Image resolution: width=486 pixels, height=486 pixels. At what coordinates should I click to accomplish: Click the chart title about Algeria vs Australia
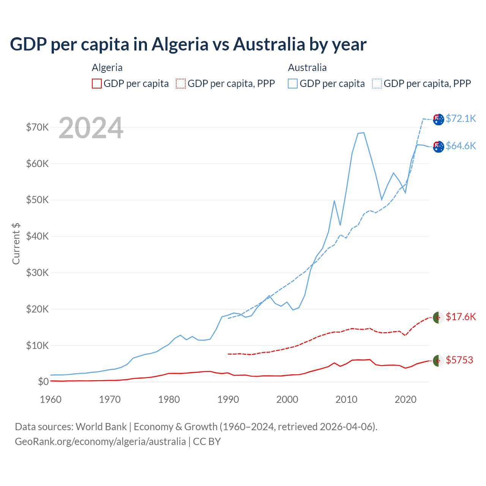click(x=188, y=44)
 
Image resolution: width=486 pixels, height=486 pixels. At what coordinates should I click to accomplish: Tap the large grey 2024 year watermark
click(x=91, y=128)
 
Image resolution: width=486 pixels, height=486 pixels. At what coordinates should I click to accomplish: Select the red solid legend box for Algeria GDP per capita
click(x=97, y=84)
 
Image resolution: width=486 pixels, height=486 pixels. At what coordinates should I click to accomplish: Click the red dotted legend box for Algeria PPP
click(x=181, y=84)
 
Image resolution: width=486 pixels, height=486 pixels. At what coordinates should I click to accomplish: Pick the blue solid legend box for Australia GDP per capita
click(x=293, y=84)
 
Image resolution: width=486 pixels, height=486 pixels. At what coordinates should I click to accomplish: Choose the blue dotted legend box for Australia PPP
click(x=377, y=84)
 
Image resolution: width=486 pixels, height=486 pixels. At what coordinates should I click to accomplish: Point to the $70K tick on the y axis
click(x=37, y=127)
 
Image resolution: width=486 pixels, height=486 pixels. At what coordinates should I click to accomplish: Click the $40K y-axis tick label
click(x=37, y=236)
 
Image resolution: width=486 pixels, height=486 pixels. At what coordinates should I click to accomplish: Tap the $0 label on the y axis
click(x=43, y=382)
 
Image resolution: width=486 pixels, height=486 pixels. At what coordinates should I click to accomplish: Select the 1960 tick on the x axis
click(x=50, y=399)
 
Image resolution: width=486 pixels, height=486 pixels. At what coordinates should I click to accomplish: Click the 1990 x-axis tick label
click(x=228, y=399)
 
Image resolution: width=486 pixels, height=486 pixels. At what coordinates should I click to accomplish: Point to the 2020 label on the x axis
click(x=406, y=399)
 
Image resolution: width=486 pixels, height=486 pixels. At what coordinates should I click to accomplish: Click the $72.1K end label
click(x=461, y=118)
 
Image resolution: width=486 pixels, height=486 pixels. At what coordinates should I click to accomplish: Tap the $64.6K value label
click(x=461, y=146)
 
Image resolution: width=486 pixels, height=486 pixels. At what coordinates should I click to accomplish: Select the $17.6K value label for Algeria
click(x=461, y=317)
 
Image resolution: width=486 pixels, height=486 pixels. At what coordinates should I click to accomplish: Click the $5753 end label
click(x=459, y=360)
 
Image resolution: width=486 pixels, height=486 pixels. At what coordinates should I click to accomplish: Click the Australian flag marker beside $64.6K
click(x=439, y=147)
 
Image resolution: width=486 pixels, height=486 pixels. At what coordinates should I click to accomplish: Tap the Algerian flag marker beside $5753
click(x=439, y=361)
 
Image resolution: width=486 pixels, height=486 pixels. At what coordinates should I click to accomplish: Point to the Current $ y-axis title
click(x=16, y=244)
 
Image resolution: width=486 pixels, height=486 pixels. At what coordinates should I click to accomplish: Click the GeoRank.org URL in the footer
click(x=100, y=442)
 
